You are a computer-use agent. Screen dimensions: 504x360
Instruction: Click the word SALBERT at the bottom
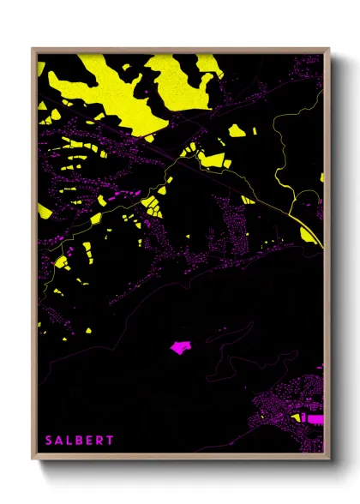click(80, 440)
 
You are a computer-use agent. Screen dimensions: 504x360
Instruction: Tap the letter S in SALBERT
click(49, 440)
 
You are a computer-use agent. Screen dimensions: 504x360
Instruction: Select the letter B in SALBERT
click(80, 440)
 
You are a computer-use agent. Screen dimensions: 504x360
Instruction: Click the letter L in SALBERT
click(69, 440)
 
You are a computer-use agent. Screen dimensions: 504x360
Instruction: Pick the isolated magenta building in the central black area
click(180, 347)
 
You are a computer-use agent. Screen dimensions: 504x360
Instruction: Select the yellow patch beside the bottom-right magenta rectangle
click(299, 417)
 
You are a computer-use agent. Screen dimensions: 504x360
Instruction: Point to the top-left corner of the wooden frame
click(33, 49)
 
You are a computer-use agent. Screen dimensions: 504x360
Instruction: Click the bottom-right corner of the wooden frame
click(329, 460)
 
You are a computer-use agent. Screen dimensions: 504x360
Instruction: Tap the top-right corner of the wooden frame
click(329, 49)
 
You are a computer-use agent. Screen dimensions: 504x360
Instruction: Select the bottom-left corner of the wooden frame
click(33, 460)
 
